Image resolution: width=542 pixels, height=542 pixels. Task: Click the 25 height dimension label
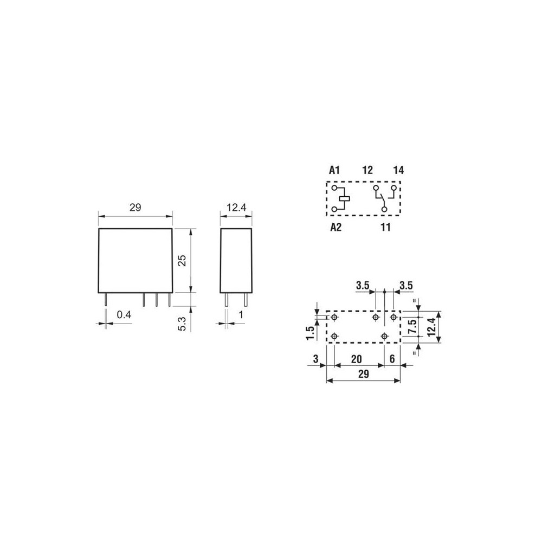click(183, 260)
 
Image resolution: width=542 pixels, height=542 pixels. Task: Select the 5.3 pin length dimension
click(182, 324)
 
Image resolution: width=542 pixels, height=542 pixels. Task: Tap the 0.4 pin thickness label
click(124, 314)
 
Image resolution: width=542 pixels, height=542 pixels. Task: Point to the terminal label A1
click(334, 170)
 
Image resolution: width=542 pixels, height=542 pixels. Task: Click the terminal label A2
click(335, 227)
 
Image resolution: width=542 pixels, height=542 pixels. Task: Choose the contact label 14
click(398, 170)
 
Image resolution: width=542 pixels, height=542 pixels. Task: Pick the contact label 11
click(385, 227)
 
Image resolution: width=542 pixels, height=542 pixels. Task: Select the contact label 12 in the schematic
click(367, 170)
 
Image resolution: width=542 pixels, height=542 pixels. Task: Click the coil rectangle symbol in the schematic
click(345, 198)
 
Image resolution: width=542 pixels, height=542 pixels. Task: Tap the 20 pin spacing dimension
click(357, 359)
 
